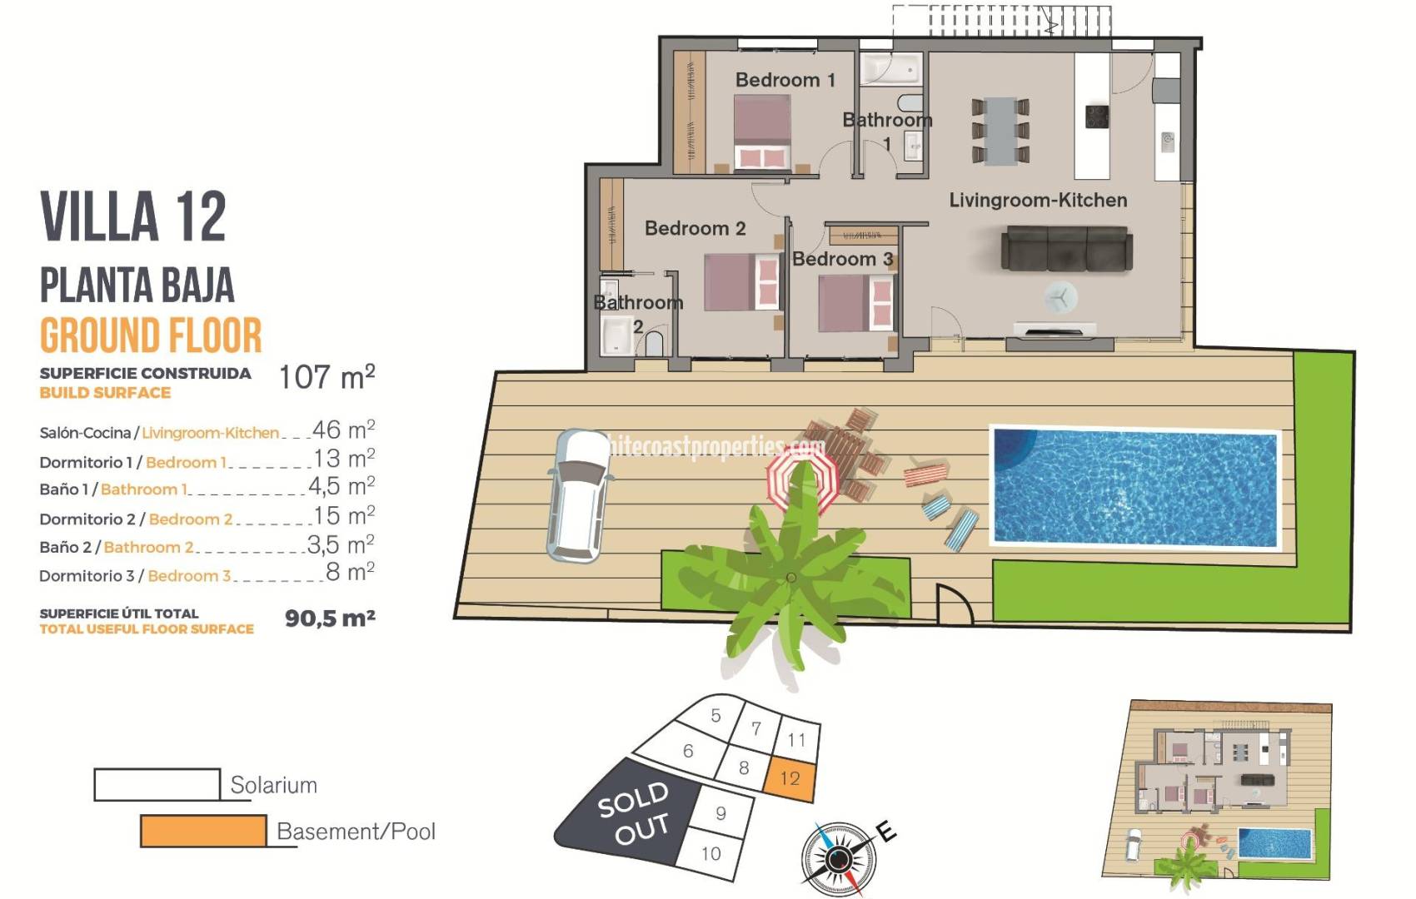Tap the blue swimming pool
coord(1134,487)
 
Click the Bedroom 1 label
coord(785,80)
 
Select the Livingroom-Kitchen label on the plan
coord(1038,201)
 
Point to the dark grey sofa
coord(1066,248)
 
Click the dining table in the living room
coord(1000,130)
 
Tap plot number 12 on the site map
coord(790,778)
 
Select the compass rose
coord(838,857)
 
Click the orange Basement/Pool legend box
coord(203,831)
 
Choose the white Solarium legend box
coord(157,784)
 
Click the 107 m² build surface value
coord(327,377)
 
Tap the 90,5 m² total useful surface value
coord(330,618)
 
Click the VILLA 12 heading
coord(133,216)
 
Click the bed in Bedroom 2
coord(740,282)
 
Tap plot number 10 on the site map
coord(710,853)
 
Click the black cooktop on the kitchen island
coord(1097,117)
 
